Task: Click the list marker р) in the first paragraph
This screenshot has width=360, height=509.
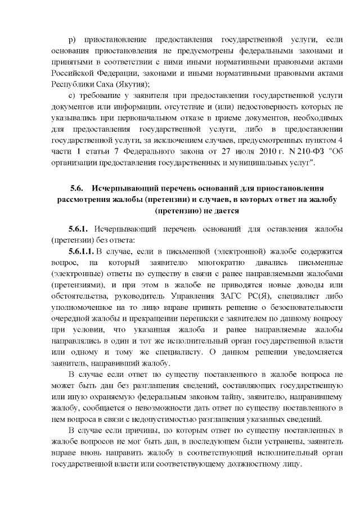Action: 71,41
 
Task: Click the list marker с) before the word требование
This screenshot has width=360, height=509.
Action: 71,98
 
